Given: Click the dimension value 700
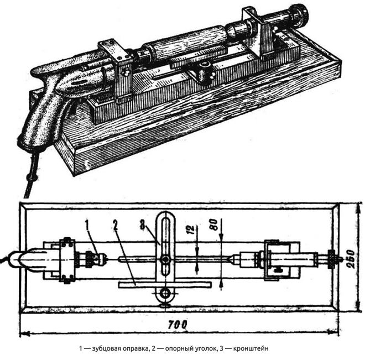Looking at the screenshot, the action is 178,325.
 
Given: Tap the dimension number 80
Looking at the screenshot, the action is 213,225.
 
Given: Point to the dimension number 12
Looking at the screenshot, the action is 191,229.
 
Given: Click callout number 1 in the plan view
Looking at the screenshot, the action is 87,225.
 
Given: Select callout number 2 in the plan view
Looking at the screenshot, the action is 115,225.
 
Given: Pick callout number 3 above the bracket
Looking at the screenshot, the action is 143,225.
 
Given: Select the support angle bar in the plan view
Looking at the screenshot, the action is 165,285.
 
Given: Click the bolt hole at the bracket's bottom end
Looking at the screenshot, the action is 165,294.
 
